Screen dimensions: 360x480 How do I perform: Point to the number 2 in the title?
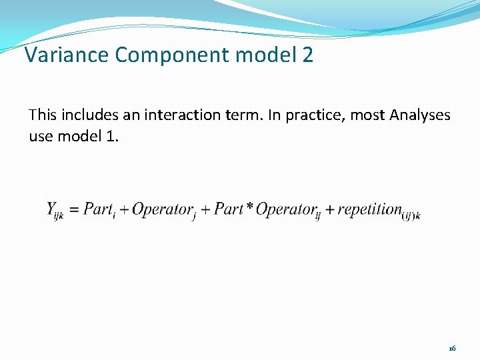pyautogui.click(x=307, y=55)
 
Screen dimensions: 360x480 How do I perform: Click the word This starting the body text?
pyautogui.click(x=43, y=115)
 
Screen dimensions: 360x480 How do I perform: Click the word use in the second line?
pyautogui.click(x=39, y=137)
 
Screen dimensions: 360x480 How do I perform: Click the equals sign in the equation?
pyautogui.click(x=73, y=209)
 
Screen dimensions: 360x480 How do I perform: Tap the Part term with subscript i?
pyautogui.click(x=99, y=209)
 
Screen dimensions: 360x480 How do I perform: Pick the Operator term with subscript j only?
pyautogui.click(x=162, y=209)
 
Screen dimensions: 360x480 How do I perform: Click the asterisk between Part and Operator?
pyautogui.click(x=249, y=208)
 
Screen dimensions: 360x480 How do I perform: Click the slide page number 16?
pyautogui.click(x=452, y=349)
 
